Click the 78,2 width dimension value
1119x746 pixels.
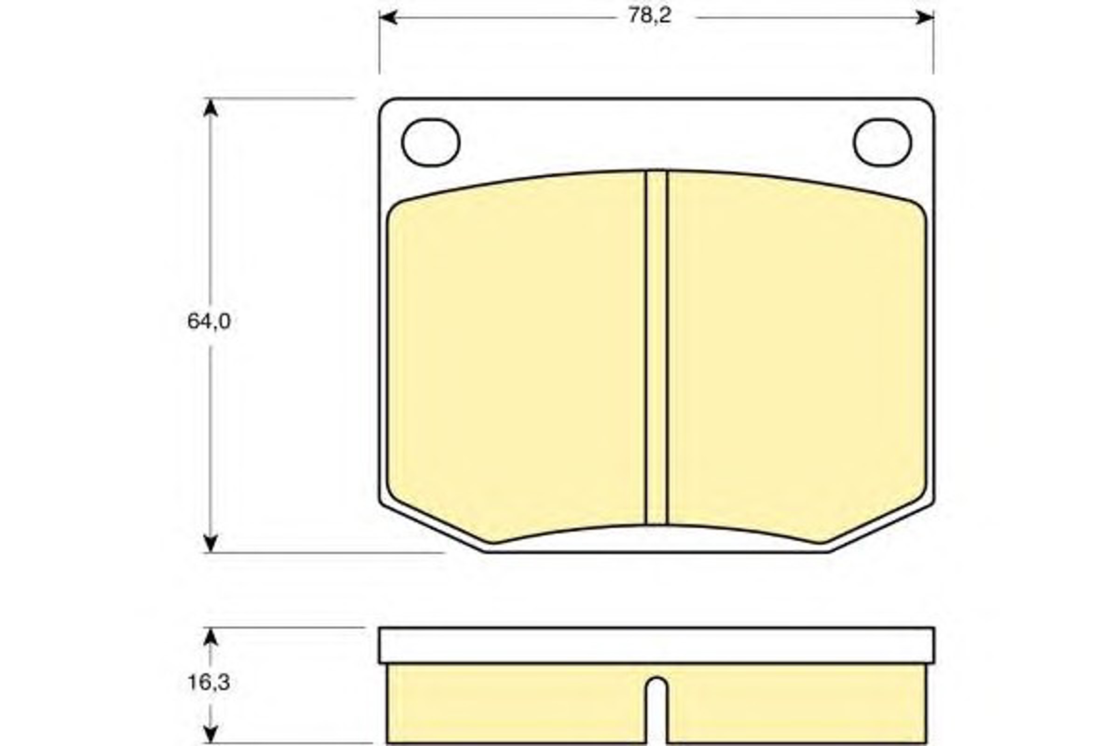pos(649,16)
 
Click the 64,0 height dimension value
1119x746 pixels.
pos(209,322)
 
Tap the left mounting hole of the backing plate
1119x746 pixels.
pos(430,143)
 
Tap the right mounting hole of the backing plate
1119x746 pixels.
pos(883,143)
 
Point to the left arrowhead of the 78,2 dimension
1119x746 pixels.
pos(388,18)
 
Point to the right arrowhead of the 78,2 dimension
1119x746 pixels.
pos(925,18)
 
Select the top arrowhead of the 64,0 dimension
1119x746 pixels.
pos(210,108)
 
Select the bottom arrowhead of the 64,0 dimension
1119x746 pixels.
pos(210,543)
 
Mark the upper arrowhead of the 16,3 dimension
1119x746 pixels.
pos(210,636)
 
